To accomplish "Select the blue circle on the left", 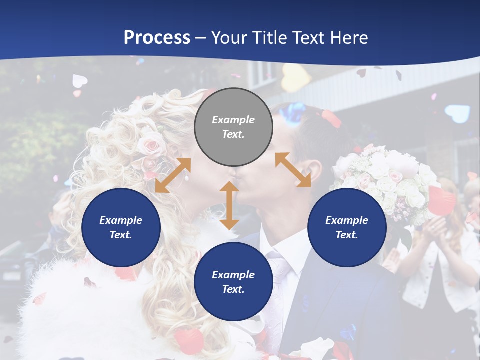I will [x=121, y=227].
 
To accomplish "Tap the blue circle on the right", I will [x=347, y=227].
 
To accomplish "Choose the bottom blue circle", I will [x=233, y=282].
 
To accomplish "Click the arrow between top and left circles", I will [x=173, y=175].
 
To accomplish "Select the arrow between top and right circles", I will [x=293, y=170].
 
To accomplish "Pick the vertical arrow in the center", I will [x=229, y=205].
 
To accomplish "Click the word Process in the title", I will [x=157, y=37].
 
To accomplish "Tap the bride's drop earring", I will [x=186, y=175].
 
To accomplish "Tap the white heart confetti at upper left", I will [x=79, y=80].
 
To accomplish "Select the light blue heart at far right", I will [x=457, y=113].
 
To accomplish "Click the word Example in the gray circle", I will [x=233, y=120].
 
